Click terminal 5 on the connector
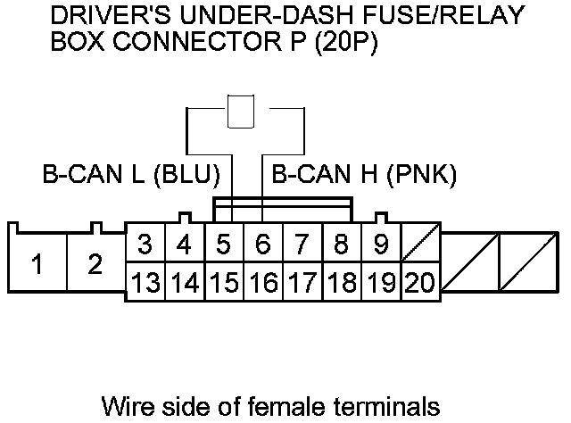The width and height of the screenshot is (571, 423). pos(224,244)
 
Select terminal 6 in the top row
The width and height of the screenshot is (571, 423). pos(262,244)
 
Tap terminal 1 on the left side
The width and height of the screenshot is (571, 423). pos(37,263)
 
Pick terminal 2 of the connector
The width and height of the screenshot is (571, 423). pos(95,263)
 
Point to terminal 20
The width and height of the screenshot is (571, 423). pos(420,282)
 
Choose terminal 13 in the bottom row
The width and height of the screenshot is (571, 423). pos(145,282)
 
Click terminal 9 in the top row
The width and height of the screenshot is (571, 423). pos(381,244)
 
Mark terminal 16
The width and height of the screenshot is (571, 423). pos(263,282)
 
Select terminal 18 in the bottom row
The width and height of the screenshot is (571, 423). pos(342,282)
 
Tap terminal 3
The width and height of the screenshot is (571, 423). pos(145,244)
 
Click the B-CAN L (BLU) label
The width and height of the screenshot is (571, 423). pos(131,175)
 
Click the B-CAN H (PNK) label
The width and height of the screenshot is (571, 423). pos(364,175)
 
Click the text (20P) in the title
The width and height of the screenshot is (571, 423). pos(346,42)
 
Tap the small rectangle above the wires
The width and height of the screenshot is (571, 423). pos(241,112)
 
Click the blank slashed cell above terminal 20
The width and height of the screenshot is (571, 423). pos(420,243)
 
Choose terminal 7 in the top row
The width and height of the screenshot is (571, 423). pos(302,244)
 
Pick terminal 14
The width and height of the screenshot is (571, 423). pos(185,282)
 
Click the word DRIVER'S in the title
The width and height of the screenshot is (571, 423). pos(111,15)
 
